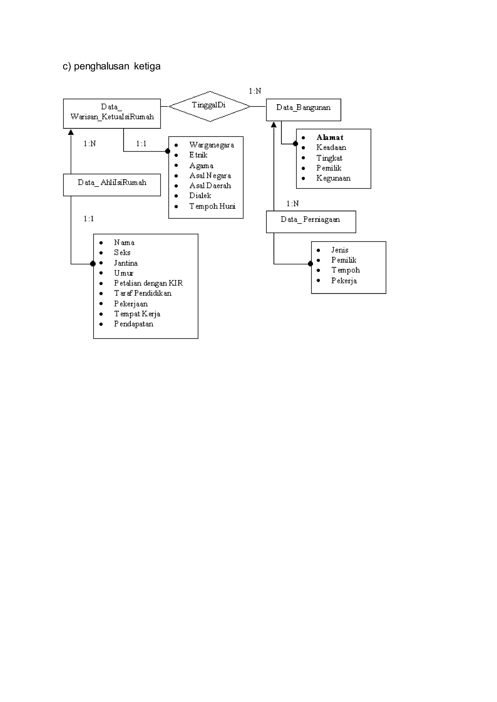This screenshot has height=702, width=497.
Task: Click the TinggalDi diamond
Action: (209, 106)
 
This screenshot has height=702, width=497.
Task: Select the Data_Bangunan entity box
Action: (303, 110)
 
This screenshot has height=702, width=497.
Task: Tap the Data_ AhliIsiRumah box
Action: (112, 185)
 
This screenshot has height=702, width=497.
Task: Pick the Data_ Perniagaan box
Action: (311, 222)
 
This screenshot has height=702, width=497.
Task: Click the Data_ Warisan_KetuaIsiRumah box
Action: (112, 113)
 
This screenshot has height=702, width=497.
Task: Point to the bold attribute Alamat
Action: (330, 138)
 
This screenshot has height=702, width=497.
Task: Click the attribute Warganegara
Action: (211, 145)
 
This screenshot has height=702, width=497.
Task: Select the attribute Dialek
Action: (200, 196)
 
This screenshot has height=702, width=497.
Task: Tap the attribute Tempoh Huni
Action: (212, 206)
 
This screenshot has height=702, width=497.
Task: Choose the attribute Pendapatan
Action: (134, 324)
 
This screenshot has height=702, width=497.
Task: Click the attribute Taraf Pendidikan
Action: (143, 294)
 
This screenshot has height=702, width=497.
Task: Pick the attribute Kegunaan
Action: (333, 178)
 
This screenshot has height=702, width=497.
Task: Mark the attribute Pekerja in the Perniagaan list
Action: (344, 281)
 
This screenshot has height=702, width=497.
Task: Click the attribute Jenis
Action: (340, 250)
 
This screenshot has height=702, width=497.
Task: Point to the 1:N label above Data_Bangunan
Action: (255, 91)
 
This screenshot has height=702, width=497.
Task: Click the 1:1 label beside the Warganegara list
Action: (141, 144)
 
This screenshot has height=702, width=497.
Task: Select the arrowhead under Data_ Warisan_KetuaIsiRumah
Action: (71, 132)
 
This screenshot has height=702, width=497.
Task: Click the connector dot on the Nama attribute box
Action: (93, 263)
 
